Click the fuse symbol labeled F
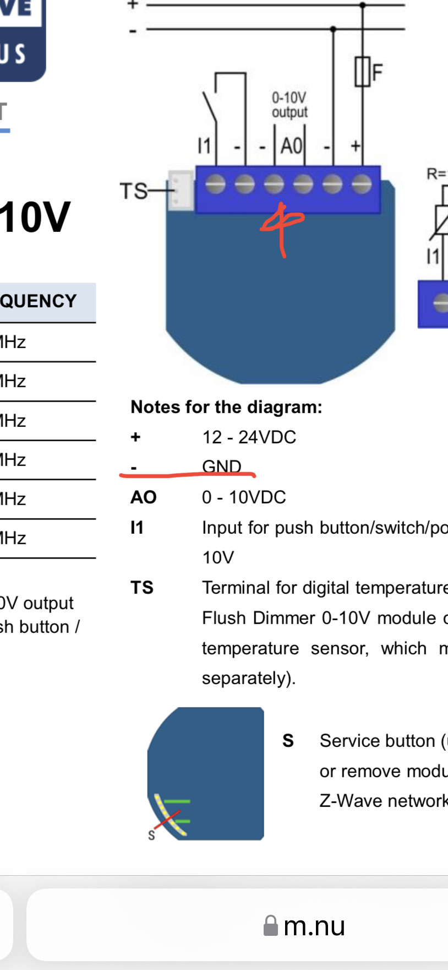point(362,72)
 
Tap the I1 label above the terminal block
point(204,146)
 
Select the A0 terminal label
point(291,147)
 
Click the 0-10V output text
point(289,105)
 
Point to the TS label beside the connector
point(134,192)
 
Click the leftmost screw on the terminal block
point(215,184)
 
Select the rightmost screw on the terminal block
point(361,184)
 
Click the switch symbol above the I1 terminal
point(210,107)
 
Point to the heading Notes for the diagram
point(226,407)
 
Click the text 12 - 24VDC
point(249,437)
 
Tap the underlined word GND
point(221,466)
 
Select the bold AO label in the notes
point(143,497)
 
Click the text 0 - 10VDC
point(244,497)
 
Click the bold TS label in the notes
point(141,588)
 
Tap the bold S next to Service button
point(288,741)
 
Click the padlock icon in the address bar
point(270,925)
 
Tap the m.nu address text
point(314,926)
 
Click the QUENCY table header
point(39,301)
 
